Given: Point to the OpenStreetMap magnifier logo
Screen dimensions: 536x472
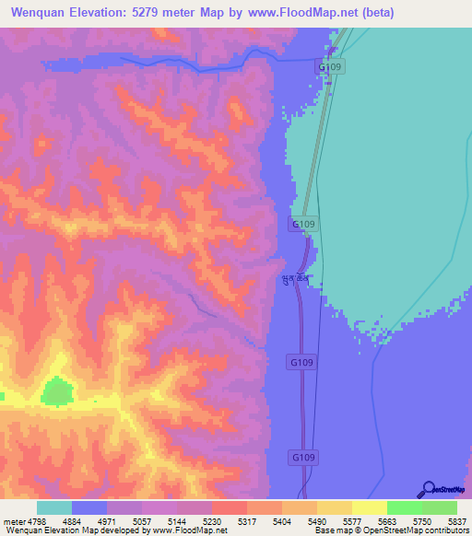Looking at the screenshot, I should (428, 489).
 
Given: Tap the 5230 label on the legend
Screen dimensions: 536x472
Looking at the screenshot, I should (212, 521).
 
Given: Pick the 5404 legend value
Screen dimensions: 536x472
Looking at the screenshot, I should (282, 521).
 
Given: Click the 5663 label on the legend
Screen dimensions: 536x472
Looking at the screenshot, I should (386, 521).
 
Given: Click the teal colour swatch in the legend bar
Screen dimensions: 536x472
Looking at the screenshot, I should (54, 507).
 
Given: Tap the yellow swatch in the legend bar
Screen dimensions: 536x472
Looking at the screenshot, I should (369, 507).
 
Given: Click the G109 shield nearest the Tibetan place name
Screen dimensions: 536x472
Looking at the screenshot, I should (304, 224).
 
